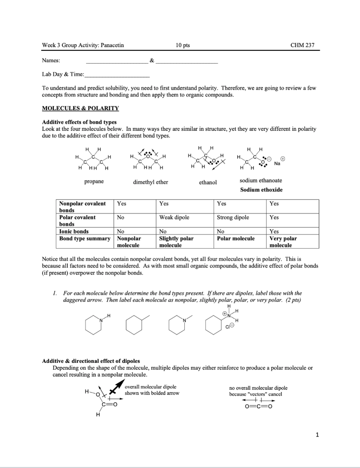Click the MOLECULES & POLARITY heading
(x=80, y=108)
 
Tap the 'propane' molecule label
(x=94, y=181)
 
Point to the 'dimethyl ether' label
(x=150, y=182)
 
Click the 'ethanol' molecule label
(x=208, y=182)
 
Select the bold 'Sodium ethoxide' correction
(x=261, y=190)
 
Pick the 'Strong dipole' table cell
(x=233, y=218)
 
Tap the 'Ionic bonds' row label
(x=74, y=231)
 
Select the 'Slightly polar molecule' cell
(x=176, y=241)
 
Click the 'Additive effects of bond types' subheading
(x=79, y=122)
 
